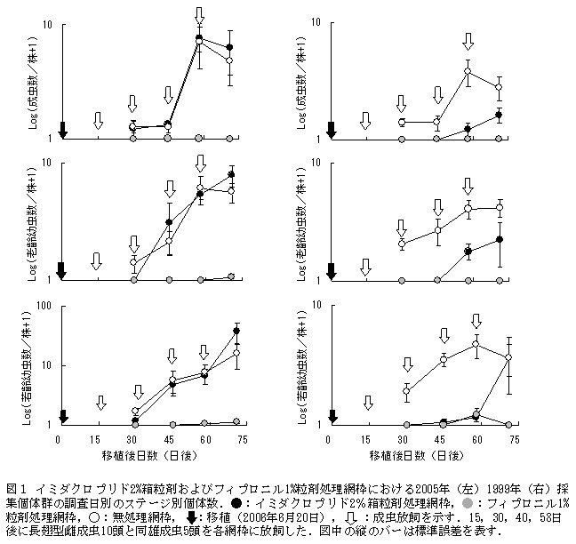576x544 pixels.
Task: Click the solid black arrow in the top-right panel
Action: [x=332, y=130]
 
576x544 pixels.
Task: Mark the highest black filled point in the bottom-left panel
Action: [x=236, y=331]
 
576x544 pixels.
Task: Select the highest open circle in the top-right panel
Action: [x=468, y=71]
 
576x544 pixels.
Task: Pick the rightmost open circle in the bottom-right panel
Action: [x=508, y=357]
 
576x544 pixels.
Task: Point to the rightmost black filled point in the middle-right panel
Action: [x=500, y=240]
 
